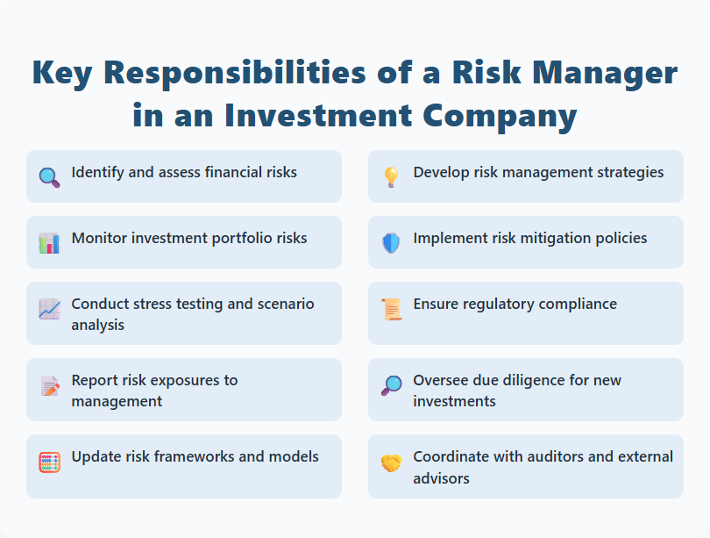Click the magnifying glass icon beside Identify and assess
click(49, 176)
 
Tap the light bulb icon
click(391, 176)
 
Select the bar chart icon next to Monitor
click(49, 242)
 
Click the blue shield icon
click(391, 242)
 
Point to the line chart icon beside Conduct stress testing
click(49, 309)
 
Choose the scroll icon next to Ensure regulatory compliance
click(391, 309)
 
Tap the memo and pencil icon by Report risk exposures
click(49, 385)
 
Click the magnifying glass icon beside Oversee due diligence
click(391, 385)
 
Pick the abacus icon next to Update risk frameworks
click(49, 462)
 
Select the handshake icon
click(391, 462)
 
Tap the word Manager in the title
click(601, 74)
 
